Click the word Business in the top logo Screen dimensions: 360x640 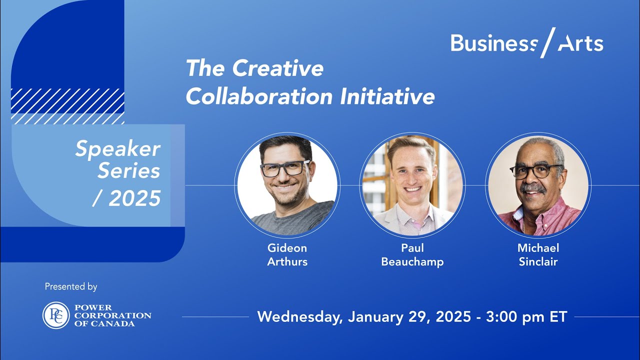(x=492, y=43)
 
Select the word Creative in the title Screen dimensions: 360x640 (x=278, y=68)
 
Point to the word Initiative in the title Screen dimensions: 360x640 (x=387, y=97)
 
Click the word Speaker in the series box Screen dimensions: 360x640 (x=117, y=149)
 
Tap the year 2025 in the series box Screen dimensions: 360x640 (x=134, y=198)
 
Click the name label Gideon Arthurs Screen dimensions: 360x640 (x=287, y=254)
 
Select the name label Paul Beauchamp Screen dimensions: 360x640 (x=412, y=254)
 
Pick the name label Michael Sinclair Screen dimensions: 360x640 (x=538, y=254)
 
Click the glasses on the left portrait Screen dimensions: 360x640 (x=284, y=168)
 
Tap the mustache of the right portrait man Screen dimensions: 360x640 (x=532, y=188)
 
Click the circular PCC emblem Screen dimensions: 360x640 (x=56, y=315)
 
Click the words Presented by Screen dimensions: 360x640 (x=71, y=287)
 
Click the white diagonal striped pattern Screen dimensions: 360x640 (x=67, y=106)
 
